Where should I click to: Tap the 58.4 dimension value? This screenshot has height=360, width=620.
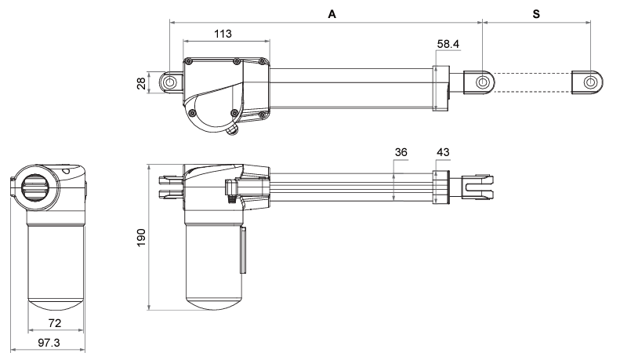pos(448,45)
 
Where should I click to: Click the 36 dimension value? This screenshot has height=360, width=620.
pos(401,152)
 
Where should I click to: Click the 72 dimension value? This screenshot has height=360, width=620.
pos(56,323)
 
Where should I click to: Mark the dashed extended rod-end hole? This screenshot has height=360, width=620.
pos(590,82)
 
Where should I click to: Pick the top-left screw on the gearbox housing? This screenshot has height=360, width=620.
pos(190,60)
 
